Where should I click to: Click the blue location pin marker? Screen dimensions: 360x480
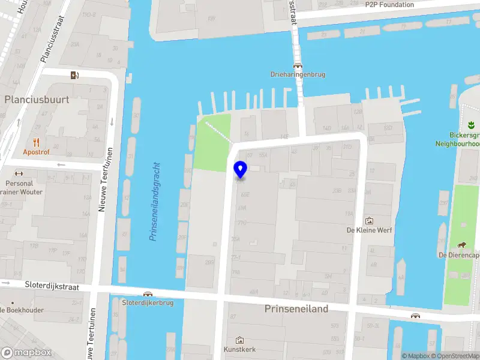[240, 170]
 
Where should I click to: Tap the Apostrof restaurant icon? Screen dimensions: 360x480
[36, 142]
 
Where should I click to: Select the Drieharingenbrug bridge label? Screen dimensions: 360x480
[297, 75]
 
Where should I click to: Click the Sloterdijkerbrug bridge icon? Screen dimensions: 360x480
[148, 294]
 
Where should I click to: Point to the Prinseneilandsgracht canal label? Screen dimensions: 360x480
[155, 201]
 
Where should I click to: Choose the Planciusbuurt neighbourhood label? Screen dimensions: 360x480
[37, 100]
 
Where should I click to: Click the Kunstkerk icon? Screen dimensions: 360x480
[240, 340]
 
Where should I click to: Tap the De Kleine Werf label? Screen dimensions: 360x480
[370, 230]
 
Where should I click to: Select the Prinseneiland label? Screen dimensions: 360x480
[296, 308]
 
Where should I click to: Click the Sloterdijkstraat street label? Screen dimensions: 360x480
[52, 287]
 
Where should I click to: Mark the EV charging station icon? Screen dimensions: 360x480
[74, 75]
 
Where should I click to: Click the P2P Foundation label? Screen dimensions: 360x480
[389, 5]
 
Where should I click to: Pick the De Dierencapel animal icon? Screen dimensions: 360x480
[463, 244]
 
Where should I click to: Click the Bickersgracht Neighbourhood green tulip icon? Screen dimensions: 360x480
[470, 125]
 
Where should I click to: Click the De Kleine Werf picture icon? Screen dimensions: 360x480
[369, 220]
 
